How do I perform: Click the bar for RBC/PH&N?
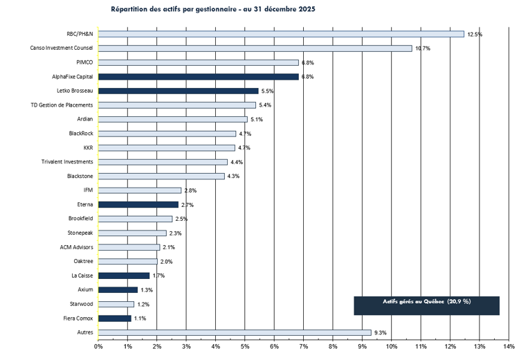281,34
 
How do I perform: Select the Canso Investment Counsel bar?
255,48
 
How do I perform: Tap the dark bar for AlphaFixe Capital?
198,77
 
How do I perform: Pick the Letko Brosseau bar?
179,91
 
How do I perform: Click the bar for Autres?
235,332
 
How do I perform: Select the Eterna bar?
138,204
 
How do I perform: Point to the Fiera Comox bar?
114,318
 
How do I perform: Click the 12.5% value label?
475,34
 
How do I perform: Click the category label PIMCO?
84,62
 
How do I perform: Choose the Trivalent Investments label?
68,162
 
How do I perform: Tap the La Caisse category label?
82,276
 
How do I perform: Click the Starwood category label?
80,304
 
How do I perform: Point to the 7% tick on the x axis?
303,345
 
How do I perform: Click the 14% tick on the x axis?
509,345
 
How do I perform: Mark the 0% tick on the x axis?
98,345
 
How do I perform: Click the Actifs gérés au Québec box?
426,305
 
